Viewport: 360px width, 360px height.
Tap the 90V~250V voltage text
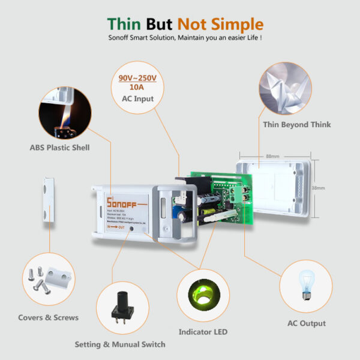[137, 79]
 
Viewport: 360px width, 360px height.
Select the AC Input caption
[137, 98]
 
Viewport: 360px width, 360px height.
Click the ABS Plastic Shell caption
[59, 147]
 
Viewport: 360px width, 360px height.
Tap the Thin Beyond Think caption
[297, 125]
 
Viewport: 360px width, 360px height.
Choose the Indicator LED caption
[203, 332]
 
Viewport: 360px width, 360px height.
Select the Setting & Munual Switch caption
[119, 344]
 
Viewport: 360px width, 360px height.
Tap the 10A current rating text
[137, 88]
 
